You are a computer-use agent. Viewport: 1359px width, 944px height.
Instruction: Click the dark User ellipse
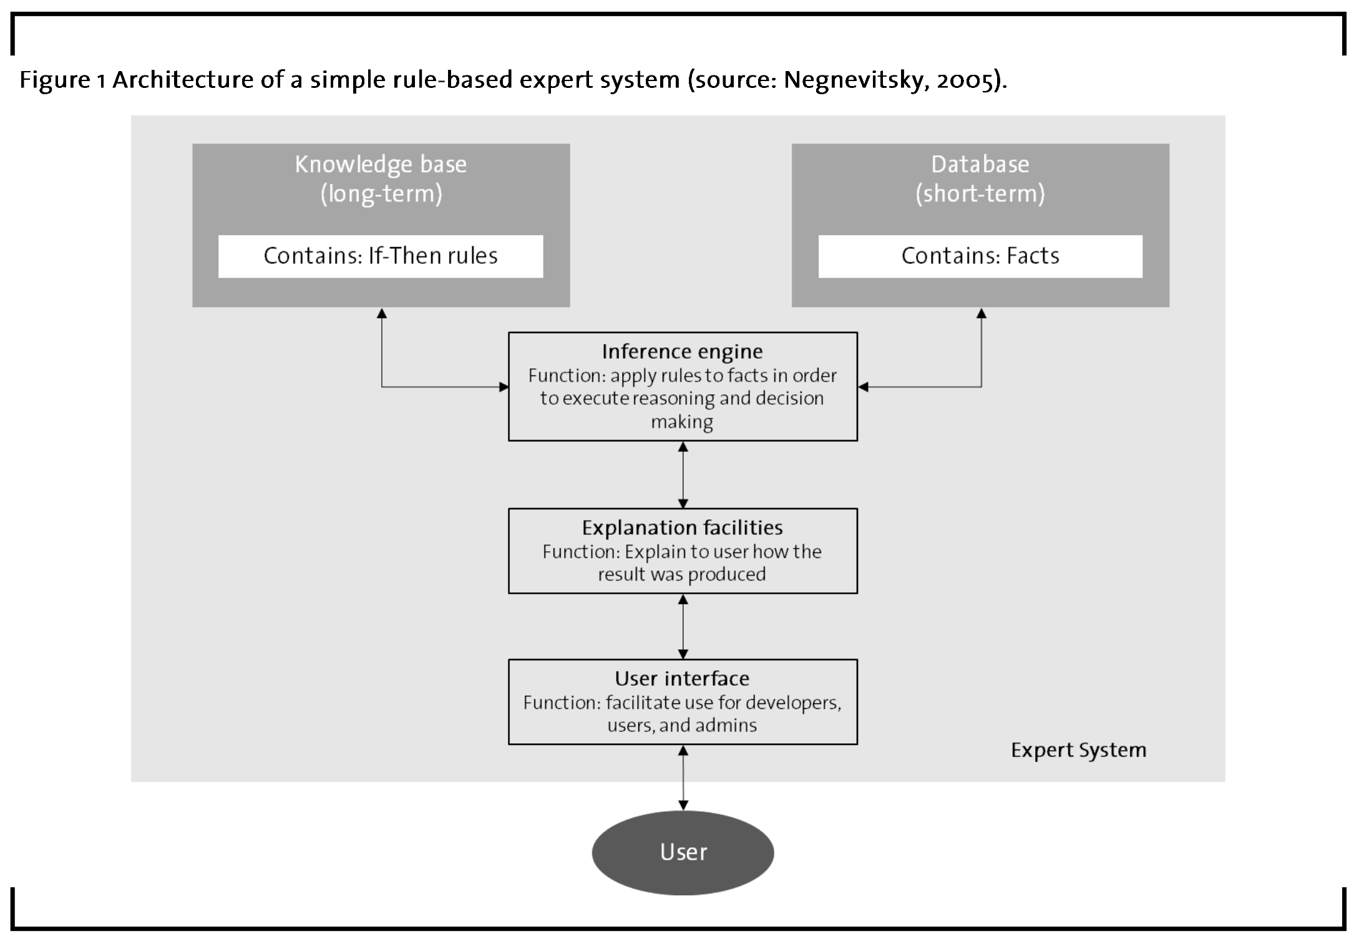coord(683,852)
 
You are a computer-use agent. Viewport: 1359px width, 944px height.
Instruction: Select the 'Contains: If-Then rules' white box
coord(381,256)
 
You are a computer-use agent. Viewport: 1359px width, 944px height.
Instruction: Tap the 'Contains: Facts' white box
coord(980,256)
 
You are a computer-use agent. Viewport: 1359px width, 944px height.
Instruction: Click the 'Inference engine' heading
coord(683,352)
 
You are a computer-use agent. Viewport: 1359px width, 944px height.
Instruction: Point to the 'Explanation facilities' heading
coord(683,528)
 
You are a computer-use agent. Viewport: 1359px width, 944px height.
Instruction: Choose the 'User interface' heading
coord(683,678)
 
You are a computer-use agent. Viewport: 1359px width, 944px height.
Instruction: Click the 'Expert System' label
coord(1079,750)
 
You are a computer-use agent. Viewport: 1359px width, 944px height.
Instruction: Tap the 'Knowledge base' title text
coord(381,165)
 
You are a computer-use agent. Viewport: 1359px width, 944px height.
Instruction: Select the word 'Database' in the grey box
coord(980,165)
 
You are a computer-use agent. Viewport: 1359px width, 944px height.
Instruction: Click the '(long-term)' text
coord(381,194)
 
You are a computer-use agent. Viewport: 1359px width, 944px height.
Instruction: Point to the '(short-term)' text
coord(980,194)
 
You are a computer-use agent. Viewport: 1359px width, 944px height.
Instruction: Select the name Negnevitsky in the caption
coord(854,80)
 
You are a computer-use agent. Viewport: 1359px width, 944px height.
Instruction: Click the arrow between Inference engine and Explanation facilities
coord(683,475)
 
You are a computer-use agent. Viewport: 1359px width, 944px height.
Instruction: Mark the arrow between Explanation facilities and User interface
coord(683,627)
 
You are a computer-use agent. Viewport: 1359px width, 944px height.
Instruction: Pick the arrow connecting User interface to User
coord(683,778)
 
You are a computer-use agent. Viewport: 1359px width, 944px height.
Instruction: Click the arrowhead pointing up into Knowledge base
coord(382,312)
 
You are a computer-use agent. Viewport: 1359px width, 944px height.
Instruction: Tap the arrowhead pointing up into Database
coord(981,312)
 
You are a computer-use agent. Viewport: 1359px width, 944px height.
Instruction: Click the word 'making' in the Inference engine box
coord(682,423)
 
